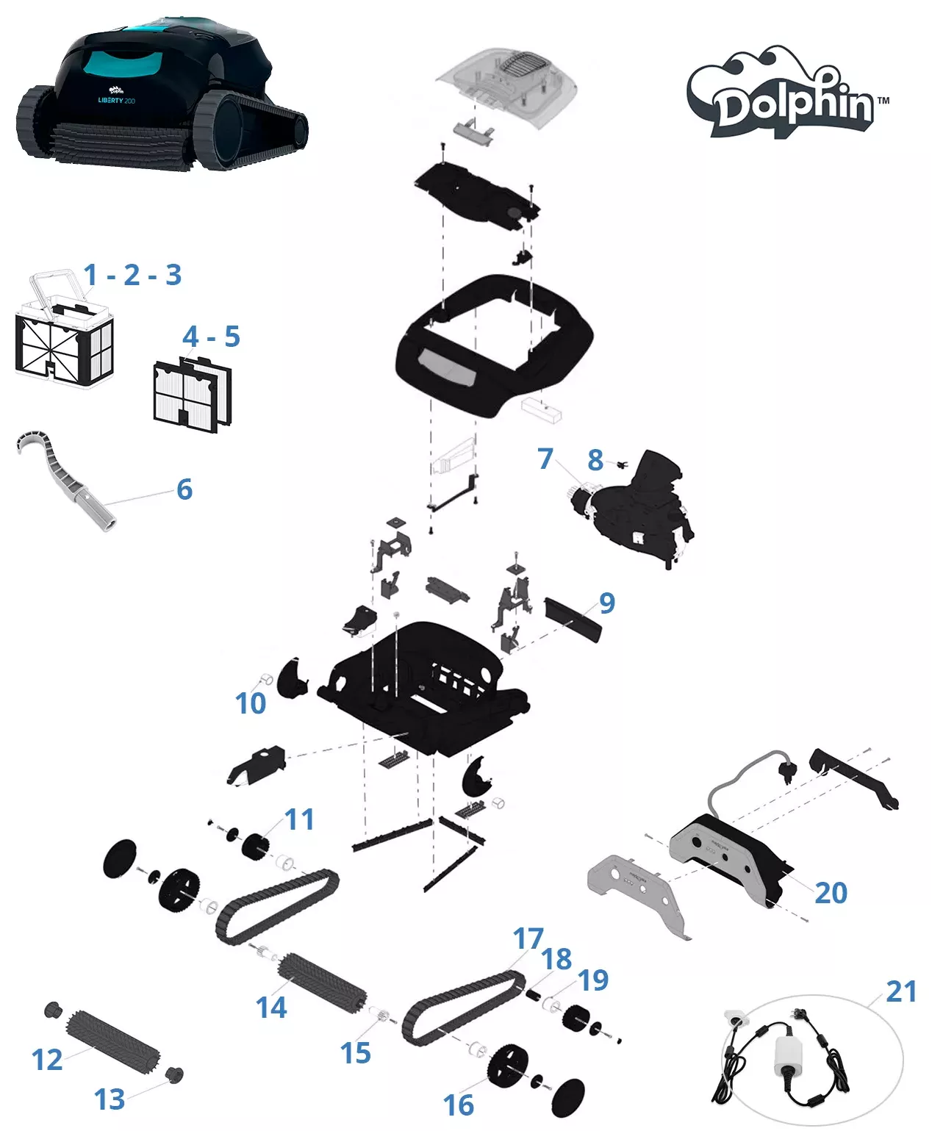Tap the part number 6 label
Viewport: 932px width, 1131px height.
click(x=184, y=489)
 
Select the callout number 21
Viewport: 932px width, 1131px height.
click(x=900, y=991)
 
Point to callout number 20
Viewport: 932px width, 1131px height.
click(x=831, y=893)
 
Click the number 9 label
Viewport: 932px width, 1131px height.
click(x=606, y=603)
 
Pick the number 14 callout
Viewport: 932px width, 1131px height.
click(x=270, y=1008)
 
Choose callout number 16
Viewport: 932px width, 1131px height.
click(x=458, y=1105)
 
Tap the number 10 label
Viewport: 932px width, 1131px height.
click(x=250, y=704)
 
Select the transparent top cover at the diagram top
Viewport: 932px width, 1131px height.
click(x=507, y=85)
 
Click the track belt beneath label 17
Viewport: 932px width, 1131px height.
click(x=463, y=1007)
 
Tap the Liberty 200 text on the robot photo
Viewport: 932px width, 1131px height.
click(x=116, y=101)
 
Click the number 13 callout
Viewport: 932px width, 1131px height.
click(x=110, y=1100)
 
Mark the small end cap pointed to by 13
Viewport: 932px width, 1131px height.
click(x=174, y=1075)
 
